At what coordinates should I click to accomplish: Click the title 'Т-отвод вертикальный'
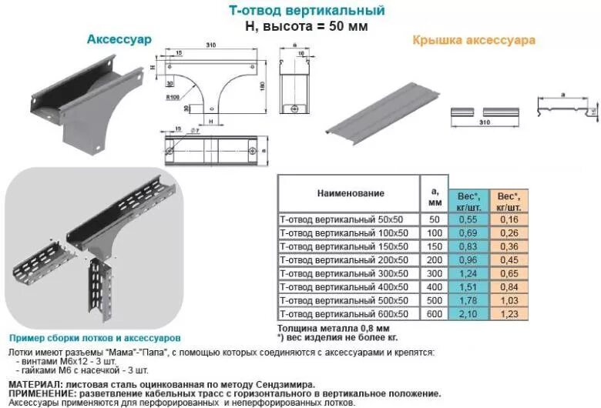click(307, 11)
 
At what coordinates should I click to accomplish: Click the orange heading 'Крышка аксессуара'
click(473, 39)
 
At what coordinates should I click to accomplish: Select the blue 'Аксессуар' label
click(119, 38)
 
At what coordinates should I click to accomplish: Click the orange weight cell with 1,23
click(509, 314)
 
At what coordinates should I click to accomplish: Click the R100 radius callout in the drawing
click(173, 99)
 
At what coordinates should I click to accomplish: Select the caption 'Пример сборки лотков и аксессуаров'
click(95, 338)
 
